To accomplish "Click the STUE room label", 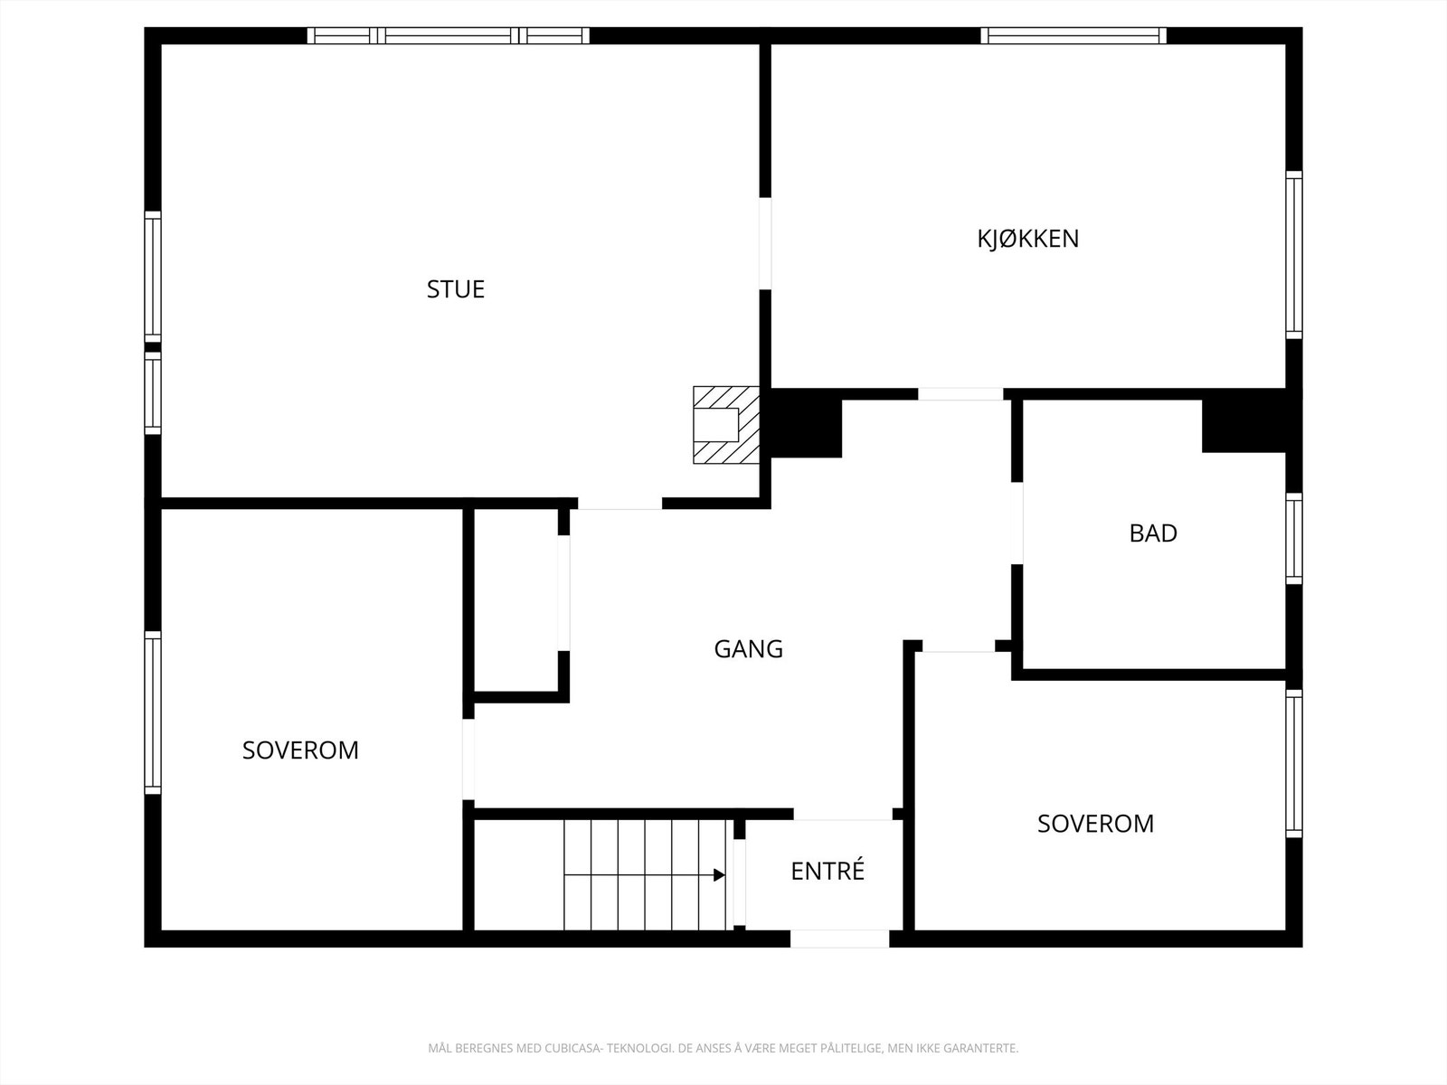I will point(456,289).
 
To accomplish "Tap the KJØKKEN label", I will point(1027,239).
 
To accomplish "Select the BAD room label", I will point(1153,533).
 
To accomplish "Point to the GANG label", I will point(748,649).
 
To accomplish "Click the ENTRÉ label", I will point(828,871).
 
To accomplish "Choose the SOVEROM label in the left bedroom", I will point(300,750).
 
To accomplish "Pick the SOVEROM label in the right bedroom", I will point(1095,824).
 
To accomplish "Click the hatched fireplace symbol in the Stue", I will point(725,425).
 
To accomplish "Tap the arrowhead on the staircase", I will point(719,874).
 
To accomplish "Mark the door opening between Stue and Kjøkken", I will point(765,243).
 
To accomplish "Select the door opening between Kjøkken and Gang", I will point(960,394).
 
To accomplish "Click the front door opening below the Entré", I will point(839,939).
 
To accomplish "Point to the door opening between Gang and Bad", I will point(1017,524).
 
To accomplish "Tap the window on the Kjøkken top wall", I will point(1073,36).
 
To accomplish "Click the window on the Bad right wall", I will point(1294,538).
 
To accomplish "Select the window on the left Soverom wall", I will point(153,712).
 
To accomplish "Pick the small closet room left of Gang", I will point(515,601).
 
